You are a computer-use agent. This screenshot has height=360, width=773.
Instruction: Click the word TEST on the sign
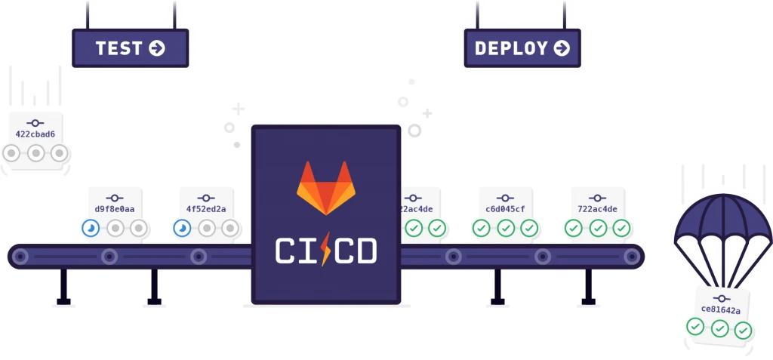[119, 48]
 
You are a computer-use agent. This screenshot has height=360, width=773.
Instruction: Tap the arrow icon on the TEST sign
[157, 48]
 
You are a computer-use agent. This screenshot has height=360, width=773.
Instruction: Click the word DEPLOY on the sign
[511, 48]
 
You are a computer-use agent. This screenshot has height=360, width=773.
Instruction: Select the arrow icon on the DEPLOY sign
[562, 48]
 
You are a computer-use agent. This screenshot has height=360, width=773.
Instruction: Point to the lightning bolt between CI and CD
[325, 249]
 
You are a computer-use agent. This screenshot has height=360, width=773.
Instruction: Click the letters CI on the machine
[294, 251]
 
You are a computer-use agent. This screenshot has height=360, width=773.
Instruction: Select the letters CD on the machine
[355, 251]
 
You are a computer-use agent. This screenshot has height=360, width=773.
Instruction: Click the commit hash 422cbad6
[35, 134]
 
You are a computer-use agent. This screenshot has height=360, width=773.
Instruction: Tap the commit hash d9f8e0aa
[115, 209]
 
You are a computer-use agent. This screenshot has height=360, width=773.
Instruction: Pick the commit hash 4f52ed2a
[206, 209]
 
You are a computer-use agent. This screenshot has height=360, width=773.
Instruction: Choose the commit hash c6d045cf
[506, 209]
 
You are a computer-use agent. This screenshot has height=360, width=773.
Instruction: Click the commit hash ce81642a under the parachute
[720, 309]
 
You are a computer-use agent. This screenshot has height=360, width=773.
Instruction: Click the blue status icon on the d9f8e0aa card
[91, 227]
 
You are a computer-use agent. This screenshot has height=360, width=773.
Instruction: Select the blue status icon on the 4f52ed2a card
[182, 227]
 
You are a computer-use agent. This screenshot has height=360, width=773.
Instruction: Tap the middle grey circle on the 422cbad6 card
[35, 153]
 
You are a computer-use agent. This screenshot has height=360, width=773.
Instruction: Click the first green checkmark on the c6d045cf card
[482, 227]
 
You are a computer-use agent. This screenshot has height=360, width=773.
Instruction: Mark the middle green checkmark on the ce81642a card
[720, 328]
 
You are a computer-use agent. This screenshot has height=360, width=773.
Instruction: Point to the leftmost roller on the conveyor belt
[20, 257]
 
